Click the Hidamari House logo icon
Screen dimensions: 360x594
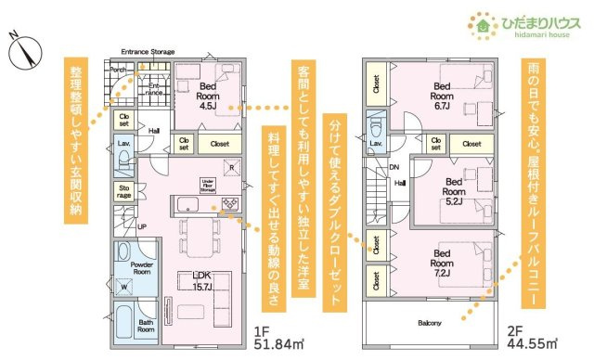pos(481,25)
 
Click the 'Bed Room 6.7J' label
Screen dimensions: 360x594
pos(441,96)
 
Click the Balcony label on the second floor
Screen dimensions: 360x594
pos(429,323)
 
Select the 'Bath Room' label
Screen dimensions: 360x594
pos(145,324)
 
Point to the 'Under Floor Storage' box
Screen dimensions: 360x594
pos(209,185)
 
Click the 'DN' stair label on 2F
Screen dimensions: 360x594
pos(395,168)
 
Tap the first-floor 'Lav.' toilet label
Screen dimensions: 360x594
pos(123,143)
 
